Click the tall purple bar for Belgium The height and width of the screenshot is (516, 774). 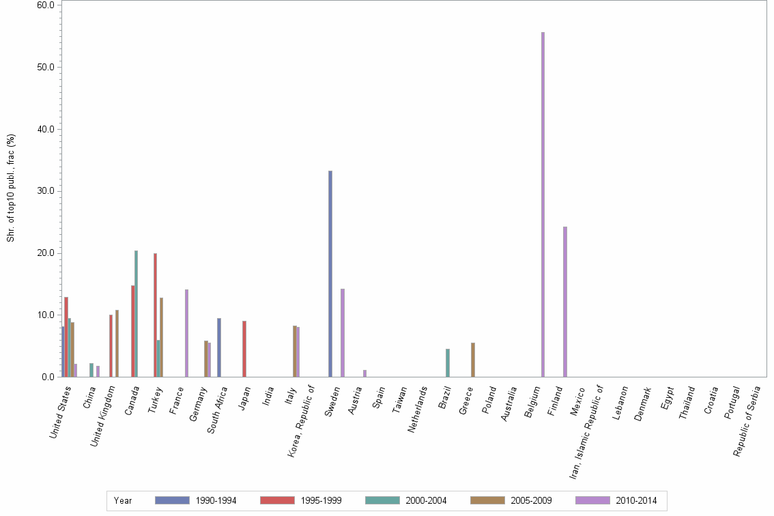pyautogui.click(x=543, y=205)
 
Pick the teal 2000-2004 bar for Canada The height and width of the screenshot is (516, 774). pyautogui.click(x=136, y=314)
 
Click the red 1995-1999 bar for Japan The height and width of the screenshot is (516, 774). pyautogui.click(x=244, y=349)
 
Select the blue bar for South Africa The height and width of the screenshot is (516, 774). pyautogui.click(x=219, y=347)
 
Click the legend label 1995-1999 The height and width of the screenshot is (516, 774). pyautogui.click(x=321, y=501)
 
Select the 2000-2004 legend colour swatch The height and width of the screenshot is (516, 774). pyautogui.click(x=382, y=500)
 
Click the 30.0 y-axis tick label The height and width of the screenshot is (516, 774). pyautogui.click(x=46, y=191)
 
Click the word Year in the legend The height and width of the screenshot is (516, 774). pyautogui.click(x=124, y=501)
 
